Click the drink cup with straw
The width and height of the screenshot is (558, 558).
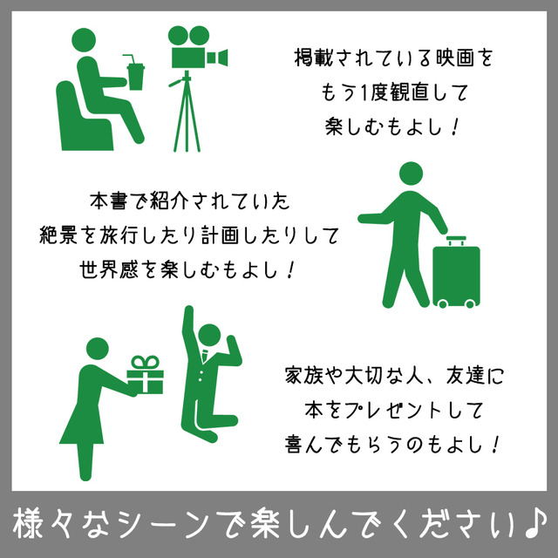click(x=135, y=73)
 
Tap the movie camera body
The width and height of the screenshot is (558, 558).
click(x=188, y=57)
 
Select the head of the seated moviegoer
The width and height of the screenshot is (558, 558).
click(x=84, y=40)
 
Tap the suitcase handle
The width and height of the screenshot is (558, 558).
click(x=456, y=241)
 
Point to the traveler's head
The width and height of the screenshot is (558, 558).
click(x=411, y=174)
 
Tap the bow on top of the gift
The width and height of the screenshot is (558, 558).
click(x=145, y=363)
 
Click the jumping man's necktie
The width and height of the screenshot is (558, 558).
click(x=205, y=355)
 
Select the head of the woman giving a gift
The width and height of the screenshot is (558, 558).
click(x=97, y=349)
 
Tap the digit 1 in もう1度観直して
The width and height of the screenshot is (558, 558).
click(x=364, y=93)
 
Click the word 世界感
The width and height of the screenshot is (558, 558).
click(x=108, y=269)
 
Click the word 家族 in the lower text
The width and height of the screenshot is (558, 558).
click(x=304, y=376)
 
